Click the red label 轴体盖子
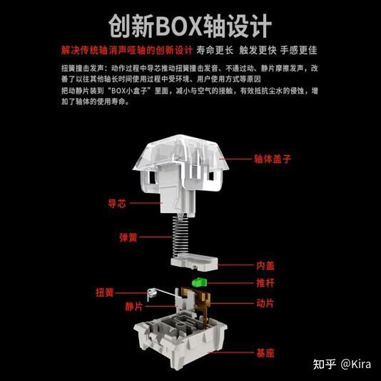tap(273, 159)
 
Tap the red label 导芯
tap(117, 203)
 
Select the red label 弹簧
tap(128, 237)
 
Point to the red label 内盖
tap(265, 265)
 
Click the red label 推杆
tap(265, 283)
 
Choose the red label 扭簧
tap(105, 292)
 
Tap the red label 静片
tap(134, 307)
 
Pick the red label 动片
tap(265, 303)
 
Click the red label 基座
tap(265, 353)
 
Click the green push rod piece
tap(199, 282)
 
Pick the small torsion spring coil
tap(151, 295)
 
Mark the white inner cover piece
tap(194, 262)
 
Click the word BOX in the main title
tap(179, 26)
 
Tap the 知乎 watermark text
tap(325, 365)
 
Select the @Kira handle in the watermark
tap(356, 365)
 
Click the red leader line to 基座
tap(231, 352)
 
